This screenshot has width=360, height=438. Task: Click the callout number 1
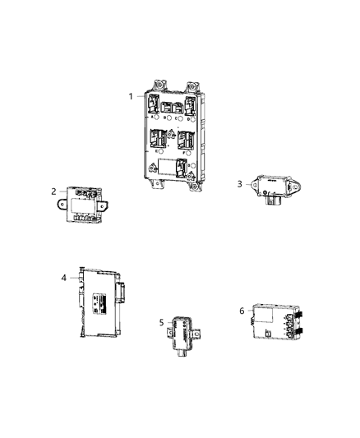pos(130,96)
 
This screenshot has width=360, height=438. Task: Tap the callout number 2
pos(53,191)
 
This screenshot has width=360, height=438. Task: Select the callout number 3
pos(240,184)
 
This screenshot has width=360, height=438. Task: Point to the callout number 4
pos(63,278)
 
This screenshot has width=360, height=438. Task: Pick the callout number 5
pos(161,323)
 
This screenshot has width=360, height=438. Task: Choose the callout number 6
pos(241,311)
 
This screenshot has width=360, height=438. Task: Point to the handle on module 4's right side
pos(123,288)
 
